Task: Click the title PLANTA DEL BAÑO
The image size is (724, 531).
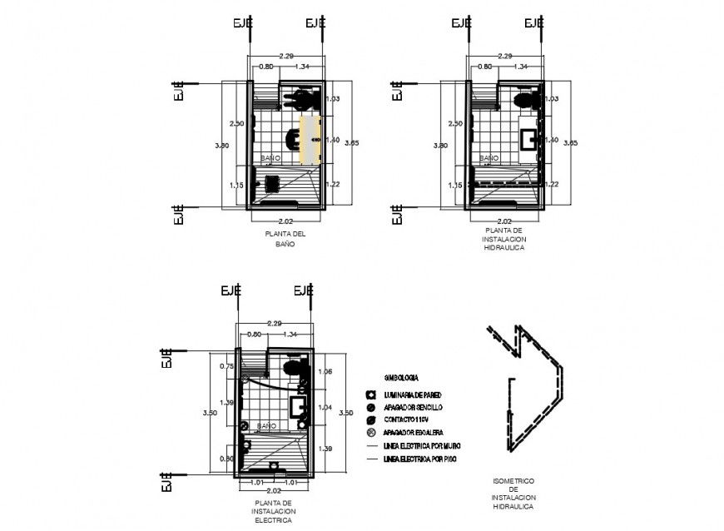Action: coord(285,239)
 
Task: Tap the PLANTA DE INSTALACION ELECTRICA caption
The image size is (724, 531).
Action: coord(274,511)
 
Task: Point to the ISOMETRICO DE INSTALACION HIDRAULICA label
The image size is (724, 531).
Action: coord(513,494)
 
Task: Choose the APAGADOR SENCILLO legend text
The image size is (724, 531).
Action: coord(413,407)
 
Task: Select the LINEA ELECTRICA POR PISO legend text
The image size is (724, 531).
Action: coord(418,459)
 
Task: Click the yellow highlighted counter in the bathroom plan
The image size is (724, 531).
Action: coord(310,139)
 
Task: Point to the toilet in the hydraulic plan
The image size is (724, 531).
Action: coord(523,102)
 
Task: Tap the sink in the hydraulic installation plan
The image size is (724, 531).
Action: coord(529,138)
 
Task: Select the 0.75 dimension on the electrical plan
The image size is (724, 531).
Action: coord(226,366)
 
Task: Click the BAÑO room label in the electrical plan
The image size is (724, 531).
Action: coord(266,425)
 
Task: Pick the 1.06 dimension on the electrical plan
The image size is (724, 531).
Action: coord(325,371)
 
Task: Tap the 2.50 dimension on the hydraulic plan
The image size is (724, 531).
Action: coord(455,123)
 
